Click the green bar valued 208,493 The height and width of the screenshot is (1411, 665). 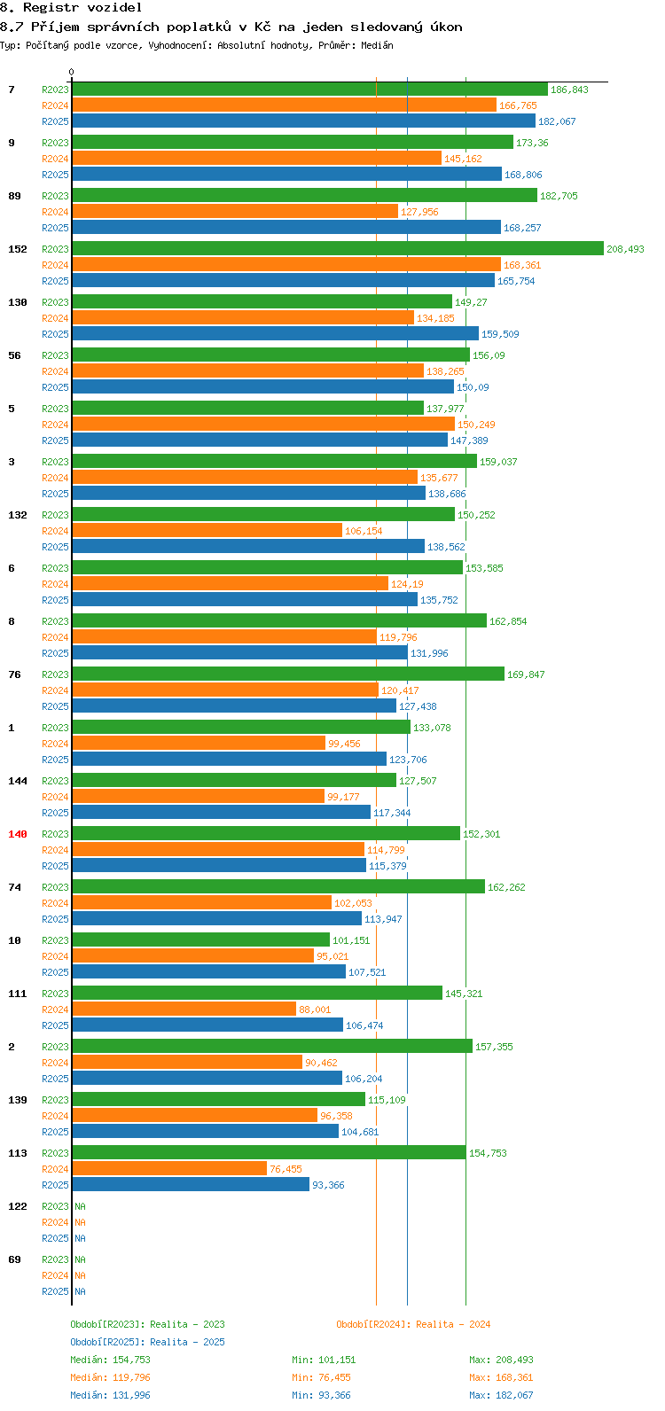point(337,249)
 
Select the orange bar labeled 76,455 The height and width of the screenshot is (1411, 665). point(169,1169)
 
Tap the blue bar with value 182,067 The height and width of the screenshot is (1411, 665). point(303,121)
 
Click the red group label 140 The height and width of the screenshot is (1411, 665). point(18,834)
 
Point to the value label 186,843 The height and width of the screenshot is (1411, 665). point(569,90)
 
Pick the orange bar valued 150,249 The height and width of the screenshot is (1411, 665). point(263,425)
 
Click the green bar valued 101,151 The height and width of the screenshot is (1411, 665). point(200,940)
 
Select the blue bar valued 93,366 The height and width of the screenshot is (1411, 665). point(191,1185)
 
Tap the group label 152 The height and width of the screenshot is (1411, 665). point(18,249)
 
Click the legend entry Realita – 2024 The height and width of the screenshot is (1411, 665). point(413,1324)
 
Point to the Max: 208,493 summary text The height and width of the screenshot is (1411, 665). point(501,1360)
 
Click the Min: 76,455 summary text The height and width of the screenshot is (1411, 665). point(324,1377)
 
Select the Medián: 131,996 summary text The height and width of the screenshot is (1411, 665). point(110,1395)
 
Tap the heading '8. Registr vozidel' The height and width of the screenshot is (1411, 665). point(71,7)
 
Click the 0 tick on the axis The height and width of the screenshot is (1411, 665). point(72,73)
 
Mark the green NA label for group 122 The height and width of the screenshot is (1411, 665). point(80,1206)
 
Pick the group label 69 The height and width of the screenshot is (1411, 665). point(14,1259)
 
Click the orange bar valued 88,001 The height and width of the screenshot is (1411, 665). point(184,1010)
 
